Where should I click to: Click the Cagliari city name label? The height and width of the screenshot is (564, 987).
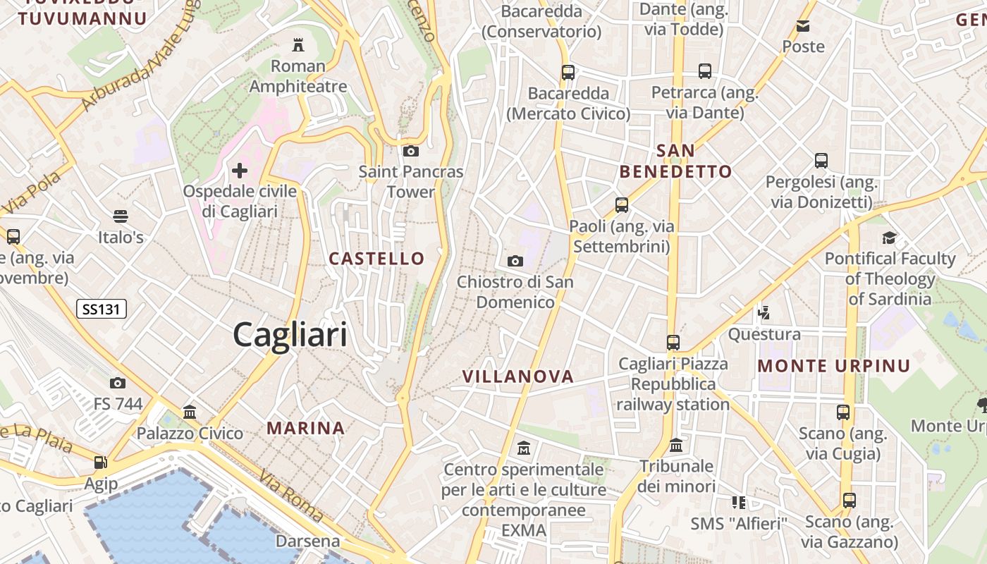point(290,334)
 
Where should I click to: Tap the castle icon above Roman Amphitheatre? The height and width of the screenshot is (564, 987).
point(298,45)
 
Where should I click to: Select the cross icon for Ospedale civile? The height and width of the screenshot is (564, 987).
point(240,170)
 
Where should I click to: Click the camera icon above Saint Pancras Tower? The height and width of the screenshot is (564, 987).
point(410,151)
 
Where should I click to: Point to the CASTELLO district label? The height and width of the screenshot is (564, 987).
point(377,259)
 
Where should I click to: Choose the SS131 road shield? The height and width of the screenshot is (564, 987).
point(101,309)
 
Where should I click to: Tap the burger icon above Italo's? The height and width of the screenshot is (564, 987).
point(121,216)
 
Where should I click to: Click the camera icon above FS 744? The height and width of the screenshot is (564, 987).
point(118,384)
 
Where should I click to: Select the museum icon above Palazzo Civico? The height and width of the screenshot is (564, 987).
point(190,412)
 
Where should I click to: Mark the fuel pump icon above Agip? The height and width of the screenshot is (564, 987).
point(101,463)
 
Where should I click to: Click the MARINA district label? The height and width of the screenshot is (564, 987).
point(306,428)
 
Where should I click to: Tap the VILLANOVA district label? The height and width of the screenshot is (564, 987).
point(518,377)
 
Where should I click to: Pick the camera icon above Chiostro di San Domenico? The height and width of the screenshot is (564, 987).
point(515,261)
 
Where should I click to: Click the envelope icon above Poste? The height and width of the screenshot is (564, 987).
point(803,26)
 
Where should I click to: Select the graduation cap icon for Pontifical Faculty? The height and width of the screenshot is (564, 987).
point(889,238)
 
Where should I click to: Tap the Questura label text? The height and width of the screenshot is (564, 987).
point(764,334)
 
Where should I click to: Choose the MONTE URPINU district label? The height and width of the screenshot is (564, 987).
point(834,366)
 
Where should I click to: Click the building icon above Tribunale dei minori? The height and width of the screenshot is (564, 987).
point(676,446)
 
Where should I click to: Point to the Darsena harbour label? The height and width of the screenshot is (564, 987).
point(307,541)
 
